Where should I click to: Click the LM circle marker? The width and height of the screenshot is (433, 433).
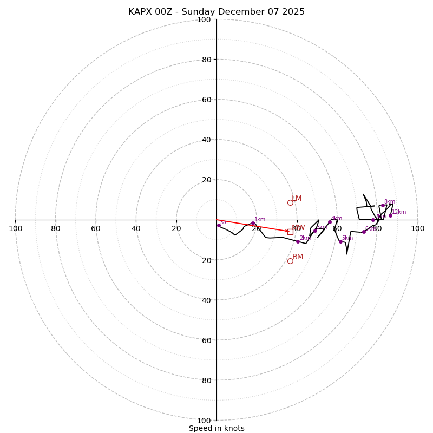[x=290, y=202]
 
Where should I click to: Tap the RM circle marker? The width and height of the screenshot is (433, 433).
[x=290, y=261]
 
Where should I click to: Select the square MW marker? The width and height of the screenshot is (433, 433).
[x=290, y=232]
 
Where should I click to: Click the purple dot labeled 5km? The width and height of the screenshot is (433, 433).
[x=340, y=241]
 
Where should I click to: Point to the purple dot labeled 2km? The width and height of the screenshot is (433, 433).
[x=298, y=241]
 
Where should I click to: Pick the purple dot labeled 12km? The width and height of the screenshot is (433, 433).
[x=390, y=215]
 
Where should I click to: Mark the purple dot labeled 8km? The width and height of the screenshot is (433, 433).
[x=383, y=205]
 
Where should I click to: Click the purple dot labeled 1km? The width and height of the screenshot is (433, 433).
[x=253, y=223]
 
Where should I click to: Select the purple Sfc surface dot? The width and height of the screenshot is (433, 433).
[x=219, y=225]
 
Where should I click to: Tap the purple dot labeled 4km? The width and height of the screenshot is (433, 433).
[x=330, y=222]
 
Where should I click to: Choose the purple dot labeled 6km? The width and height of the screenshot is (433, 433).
[x=364, y=232]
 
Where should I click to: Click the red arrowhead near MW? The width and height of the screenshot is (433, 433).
[x=287, y=231]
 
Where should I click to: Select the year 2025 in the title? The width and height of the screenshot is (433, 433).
[x=293, y=12]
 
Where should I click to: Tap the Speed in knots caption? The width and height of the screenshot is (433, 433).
[x=216, y=428]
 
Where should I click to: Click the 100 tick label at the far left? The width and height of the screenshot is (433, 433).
[x=15, y=228]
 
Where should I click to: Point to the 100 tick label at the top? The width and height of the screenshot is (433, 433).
[x=204, y=19]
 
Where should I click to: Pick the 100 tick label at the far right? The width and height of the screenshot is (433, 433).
[x=417, y=228]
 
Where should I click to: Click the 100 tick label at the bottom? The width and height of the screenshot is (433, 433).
[x=204, y=420]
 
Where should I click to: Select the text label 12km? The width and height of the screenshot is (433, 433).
[x=399, y=212]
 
